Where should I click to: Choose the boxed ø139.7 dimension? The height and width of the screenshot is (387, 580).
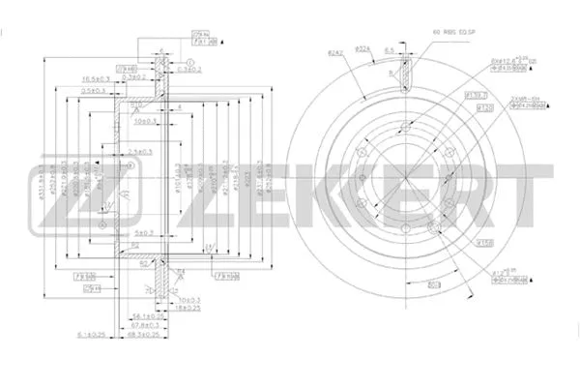(475, 95)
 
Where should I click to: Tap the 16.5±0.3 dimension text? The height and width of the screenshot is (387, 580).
(95, 78)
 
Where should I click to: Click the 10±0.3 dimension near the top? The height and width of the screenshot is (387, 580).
(146, 123)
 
